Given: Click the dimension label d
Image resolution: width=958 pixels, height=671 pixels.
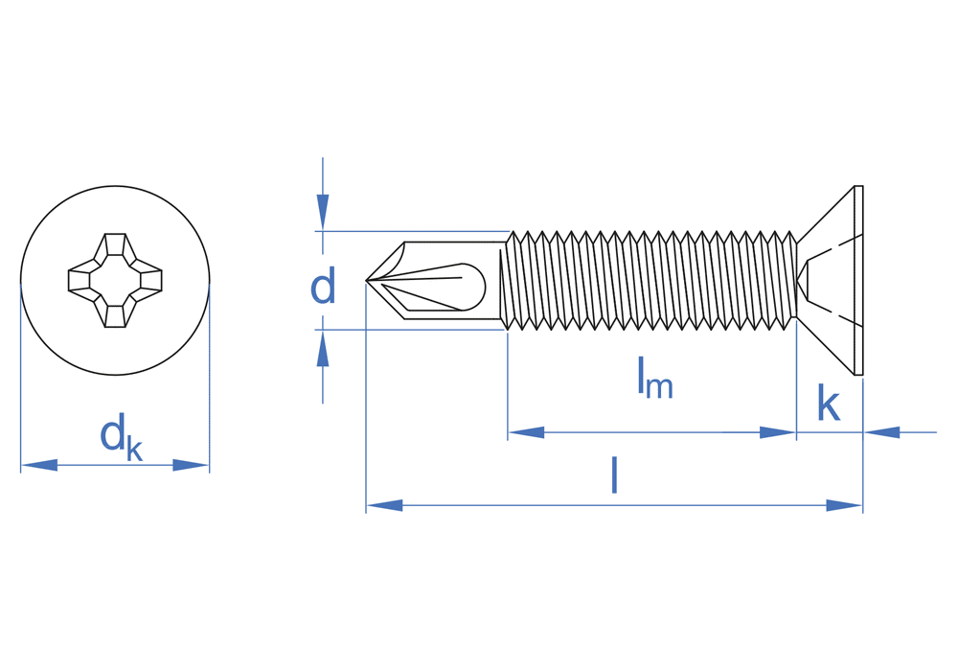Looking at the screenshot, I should click(x=323, y=287).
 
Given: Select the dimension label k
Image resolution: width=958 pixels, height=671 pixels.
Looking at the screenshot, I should click(x=828, y=404).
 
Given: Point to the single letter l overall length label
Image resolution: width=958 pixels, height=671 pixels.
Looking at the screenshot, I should click(x=614, y=475).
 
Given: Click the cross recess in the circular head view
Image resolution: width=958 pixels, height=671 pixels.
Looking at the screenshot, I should click(x=115, y=280).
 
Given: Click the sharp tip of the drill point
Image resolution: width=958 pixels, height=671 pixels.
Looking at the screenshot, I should click(x=368, y=280).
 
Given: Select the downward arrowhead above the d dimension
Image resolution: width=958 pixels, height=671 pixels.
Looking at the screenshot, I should click(x=323, y=211).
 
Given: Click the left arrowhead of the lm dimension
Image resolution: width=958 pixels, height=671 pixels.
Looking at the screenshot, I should click(x=526, y=432).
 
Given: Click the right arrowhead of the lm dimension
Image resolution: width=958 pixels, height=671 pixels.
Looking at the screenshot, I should click(x=777, y=432).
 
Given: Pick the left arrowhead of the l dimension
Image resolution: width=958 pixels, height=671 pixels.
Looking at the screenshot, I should click(x=384, y=505).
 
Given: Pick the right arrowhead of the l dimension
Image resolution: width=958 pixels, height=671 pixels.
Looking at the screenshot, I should click(x=844, y=505).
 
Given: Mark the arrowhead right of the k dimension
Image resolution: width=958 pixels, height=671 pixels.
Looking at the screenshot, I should click(x=882, y=432).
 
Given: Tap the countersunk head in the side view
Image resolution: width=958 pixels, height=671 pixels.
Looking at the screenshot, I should click(x=828, y=280).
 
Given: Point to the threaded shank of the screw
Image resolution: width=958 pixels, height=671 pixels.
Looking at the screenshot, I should click(x=651, y=280).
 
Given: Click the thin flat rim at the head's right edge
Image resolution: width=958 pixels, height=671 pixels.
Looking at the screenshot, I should click(x=858, y=280).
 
